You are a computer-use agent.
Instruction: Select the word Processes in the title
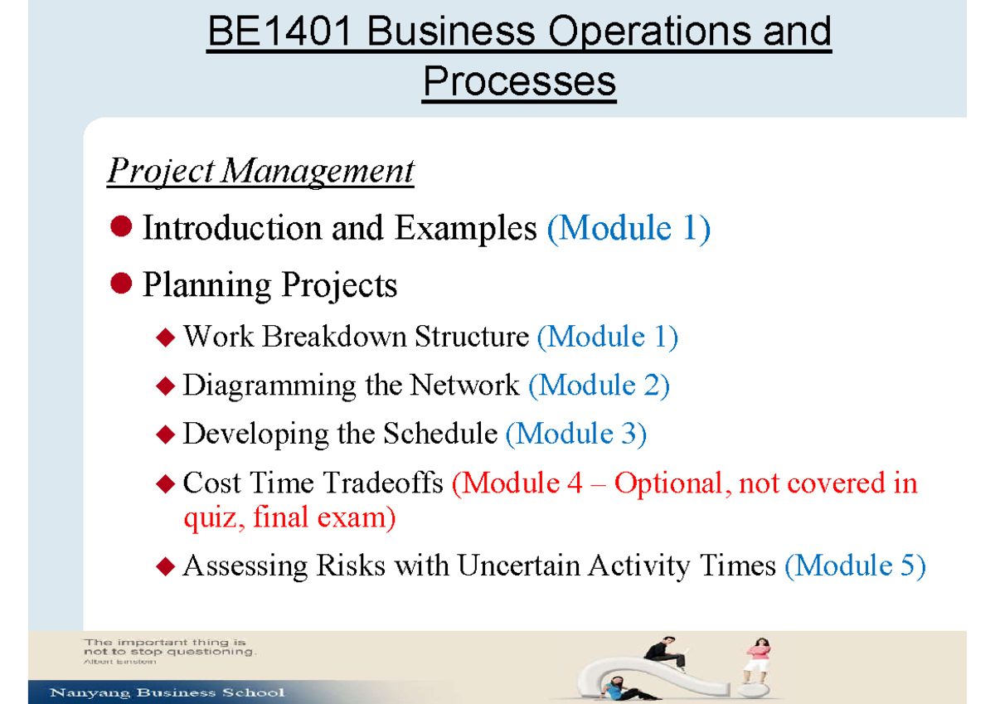519,81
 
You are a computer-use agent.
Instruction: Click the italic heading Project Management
260,172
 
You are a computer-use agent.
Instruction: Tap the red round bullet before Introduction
122,226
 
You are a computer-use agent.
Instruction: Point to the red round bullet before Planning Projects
122,284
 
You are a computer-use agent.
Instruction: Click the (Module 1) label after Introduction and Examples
629,228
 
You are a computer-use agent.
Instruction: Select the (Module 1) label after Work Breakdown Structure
608,337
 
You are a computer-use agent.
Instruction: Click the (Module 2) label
599,385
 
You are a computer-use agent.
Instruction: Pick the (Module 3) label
576,434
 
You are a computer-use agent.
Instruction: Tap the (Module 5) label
854,566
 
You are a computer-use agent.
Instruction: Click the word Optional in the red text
668,483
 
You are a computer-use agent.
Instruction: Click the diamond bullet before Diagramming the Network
166,386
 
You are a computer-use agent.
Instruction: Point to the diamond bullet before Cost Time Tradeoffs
166,483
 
